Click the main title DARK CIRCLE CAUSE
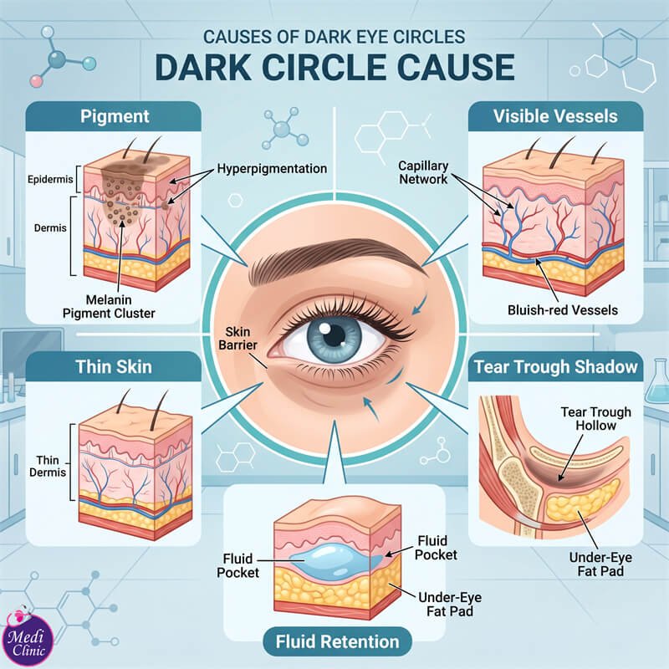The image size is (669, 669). click(334, 67)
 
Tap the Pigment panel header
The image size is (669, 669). click(114, 116)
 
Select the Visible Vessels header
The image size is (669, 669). click(555, 116)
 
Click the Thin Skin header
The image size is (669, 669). click(114, 366)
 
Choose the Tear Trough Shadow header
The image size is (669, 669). click(555, 366)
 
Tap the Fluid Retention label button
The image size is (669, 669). click(337, 641)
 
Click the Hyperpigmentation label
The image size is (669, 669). click(272, 169)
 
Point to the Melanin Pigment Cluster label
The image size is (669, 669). click(109, 306)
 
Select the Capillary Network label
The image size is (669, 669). click(423, 172)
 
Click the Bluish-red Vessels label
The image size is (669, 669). click(562, 309)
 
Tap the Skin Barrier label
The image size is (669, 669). click(237, 338)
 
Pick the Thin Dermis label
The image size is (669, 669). click(48, 466)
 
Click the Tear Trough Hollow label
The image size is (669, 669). click(595, 419)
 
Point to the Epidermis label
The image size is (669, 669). click(50, 179)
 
